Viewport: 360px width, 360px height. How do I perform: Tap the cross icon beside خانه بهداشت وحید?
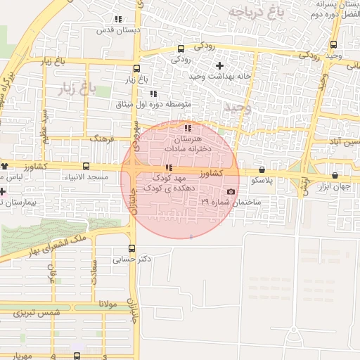coord(219,65)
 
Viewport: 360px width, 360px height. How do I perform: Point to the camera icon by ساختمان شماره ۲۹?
coord(231,192)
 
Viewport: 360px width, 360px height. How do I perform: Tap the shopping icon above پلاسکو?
coord(262,169)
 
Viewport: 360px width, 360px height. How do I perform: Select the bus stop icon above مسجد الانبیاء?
coord(86,167)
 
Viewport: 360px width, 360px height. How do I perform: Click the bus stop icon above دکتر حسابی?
coord(132,248)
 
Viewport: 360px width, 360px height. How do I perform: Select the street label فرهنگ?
coord(102,140)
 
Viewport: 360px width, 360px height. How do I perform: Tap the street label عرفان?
coord(51,273)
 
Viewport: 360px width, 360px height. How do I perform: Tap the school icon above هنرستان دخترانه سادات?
coord(187,128)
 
